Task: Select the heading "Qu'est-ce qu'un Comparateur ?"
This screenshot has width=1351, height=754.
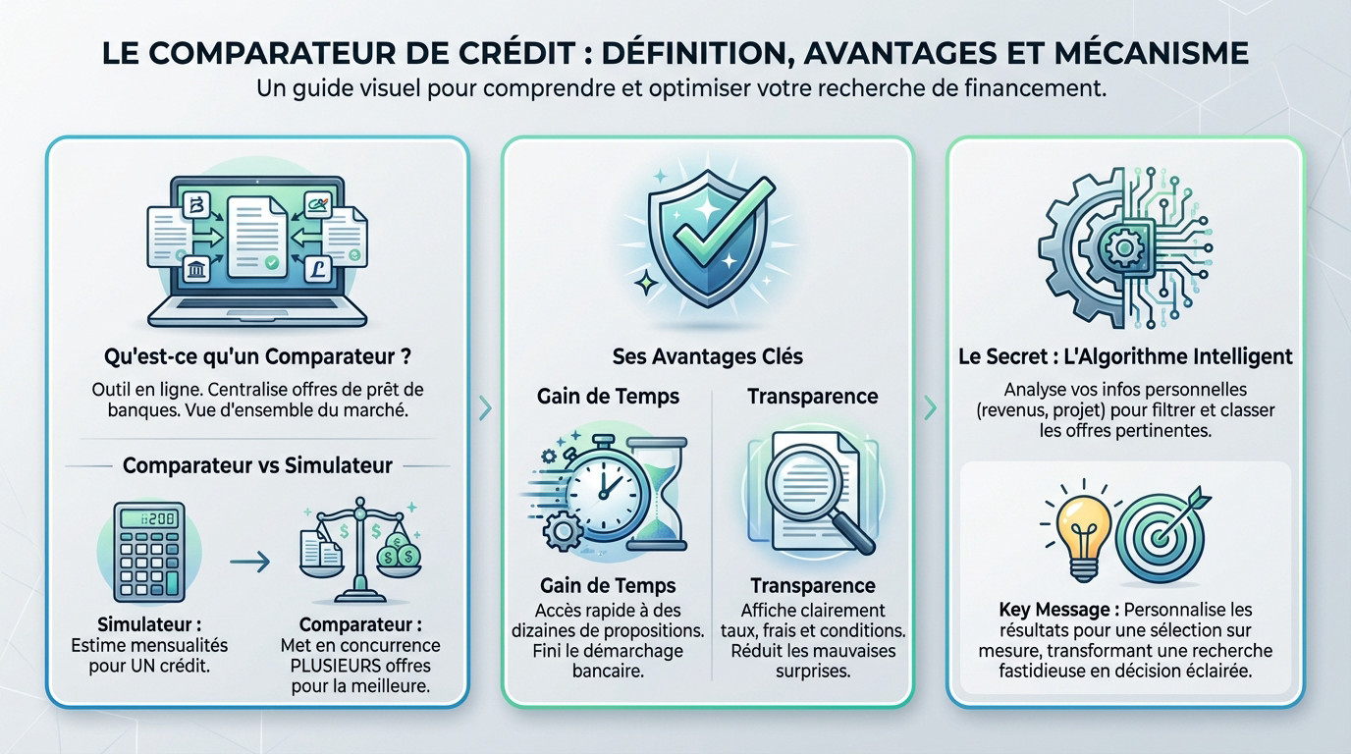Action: click(x=256, y=354)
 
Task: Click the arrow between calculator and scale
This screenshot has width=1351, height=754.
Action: click(x=250, y=562)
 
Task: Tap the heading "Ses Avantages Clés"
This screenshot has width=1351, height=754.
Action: click(x=707, y=355)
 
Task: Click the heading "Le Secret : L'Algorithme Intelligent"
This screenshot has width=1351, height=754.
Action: click(x=1125, y=355)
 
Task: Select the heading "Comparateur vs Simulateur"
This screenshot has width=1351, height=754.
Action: click(x=257, y=464)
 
